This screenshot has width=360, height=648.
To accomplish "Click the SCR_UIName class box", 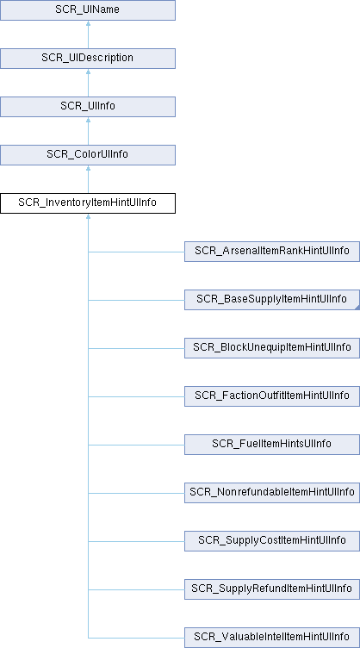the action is (88, 10).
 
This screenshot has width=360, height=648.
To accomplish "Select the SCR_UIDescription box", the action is (88, 59).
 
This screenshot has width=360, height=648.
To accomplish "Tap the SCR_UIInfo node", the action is (88, 107).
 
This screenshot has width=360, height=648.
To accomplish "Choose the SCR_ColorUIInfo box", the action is (88, 155).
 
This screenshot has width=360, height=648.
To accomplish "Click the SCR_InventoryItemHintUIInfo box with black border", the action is (88, 203).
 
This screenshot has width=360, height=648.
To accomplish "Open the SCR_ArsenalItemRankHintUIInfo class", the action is (272, 252).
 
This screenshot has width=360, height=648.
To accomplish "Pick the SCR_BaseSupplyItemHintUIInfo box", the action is (272, 300).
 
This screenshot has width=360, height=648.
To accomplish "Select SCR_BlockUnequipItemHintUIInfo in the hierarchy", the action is (272, 348).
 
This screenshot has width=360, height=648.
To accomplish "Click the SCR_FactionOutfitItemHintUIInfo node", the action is (272, 396).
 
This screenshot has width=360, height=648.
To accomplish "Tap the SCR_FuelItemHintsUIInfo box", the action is (272, 445).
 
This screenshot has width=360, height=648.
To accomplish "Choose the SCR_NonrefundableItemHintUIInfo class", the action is (272, 493).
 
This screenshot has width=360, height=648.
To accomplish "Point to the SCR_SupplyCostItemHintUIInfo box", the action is (272, 541).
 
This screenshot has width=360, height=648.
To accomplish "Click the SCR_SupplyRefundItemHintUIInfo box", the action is (272, 589).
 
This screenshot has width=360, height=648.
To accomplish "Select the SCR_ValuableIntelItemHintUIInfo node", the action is (272, 638).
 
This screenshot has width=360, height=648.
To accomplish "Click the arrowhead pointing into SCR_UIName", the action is (88, 23).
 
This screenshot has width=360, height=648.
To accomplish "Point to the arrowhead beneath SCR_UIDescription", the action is (88, 72).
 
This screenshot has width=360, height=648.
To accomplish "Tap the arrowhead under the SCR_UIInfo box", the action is (88, 120).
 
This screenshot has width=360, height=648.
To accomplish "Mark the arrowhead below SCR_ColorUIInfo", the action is (88, 168).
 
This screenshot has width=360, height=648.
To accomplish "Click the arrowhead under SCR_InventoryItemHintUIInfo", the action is (88, 216).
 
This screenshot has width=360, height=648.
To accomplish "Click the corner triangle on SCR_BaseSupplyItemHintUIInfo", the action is (357, 308).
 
